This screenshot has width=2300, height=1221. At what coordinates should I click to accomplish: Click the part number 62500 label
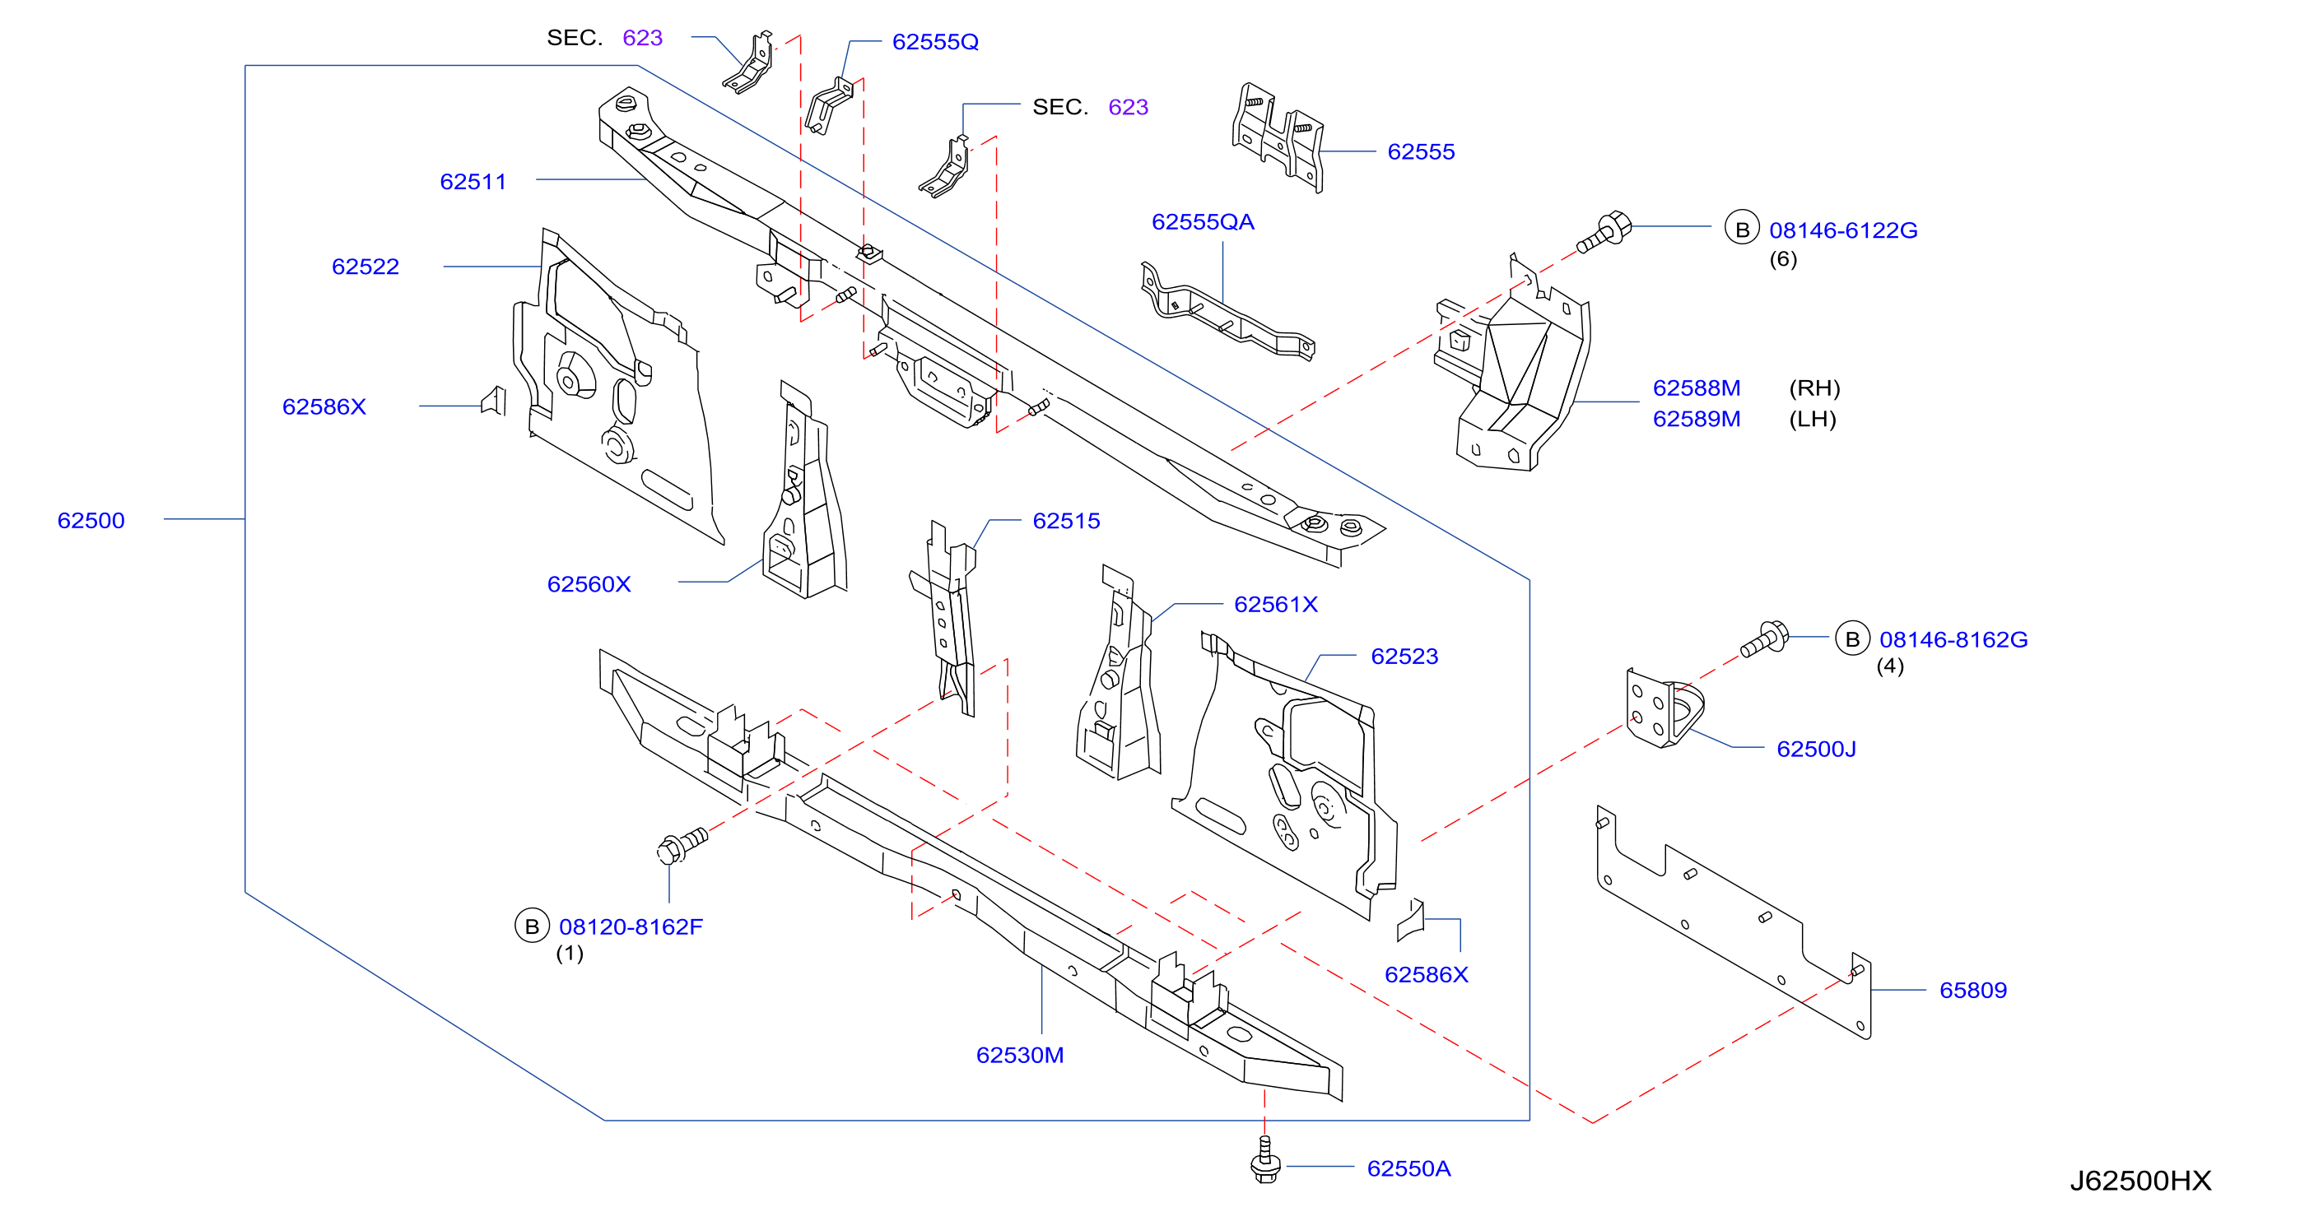click(x=91, y=520)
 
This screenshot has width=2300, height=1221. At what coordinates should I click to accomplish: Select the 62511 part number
click(x=473, y=182)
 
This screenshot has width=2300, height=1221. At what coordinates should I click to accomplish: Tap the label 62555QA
click(x=1203, y=222)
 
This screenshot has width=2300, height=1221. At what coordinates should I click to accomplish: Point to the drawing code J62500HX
click(x=2140, y=1181)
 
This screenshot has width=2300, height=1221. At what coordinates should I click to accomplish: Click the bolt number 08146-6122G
click(x=1843, y=230)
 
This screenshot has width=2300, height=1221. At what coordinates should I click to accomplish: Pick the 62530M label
click(x=1020, y=1055)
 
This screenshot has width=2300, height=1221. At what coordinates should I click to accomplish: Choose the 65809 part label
click(x=1973, y=990)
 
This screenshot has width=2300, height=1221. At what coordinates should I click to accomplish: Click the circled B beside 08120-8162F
click(x=531, y=926)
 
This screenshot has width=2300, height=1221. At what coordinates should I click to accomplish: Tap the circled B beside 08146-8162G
click(x=1852, y=639)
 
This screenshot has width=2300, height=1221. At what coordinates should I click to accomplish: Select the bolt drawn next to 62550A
click(x=1265, y=1160)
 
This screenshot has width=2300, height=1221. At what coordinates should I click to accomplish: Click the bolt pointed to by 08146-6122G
click(x=1604, y=231)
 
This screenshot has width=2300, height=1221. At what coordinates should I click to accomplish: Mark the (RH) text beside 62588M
click(x=1814, y=388)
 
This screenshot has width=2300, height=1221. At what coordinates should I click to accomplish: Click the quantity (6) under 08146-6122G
click(x=1783, y=259)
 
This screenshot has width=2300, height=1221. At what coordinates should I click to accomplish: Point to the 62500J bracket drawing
click(x=1664, y=708)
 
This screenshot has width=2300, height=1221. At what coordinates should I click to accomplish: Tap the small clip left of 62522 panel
click(x=494, y=402)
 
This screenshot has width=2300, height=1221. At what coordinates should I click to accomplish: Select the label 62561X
click(x=1276, y=604)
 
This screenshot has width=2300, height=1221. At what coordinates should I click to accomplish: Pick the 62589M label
click(x=1697, y=419)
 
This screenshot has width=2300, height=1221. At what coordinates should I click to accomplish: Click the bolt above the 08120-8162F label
click(x=682, y=846)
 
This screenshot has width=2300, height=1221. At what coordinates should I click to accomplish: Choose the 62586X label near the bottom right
click(x=1426, y=975)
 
